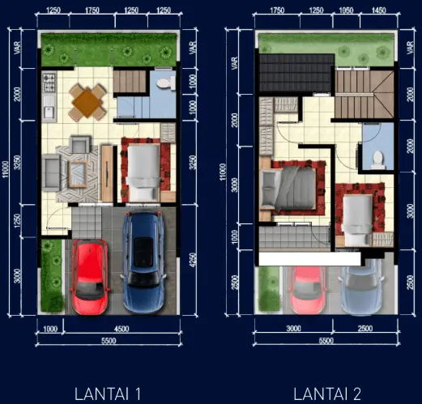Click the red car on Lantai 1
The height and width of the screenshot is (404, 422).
90,277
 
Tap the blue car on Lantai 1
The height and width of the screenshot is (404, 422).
143,262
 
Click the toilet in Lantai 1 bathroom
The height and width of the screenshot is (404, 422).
166,83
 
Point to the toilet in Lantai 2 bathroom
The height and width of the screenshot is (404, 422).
377,159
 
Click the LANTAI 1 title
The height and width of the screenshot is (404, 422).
108,394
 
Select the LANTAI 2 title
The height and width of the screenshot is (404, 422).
327,394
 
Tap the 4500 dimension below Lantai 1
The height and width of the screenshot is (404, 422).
121,329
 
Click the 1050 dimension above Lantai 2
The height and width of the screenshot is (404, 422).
346,11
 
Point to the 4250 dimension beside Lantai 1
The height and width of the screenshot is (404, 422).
193,260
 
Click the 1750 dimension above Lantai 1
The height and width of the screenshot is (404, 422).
92,11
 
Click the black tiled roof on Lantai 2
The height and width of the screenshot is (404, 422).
296,73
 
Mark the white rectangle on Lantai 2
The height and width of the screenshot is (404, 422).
309,259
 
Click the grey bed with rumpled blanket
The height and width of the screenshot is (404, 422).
288,188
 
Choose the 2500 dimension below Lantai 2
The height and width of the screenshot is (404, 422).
365,329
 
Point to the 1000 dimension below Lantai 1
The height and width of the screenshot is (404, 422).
50,329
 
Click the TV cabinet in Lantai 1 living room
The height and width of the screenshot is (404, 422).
107,173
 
